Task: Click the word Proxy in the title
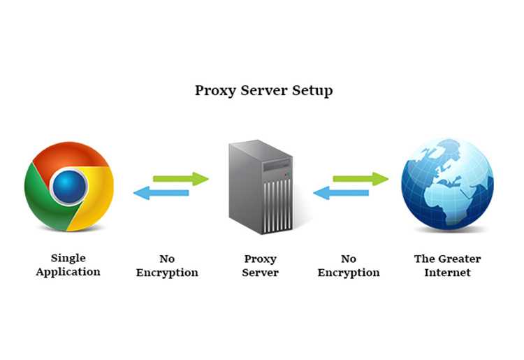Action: [216, 91]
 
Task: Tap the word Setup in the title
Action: [312, 90]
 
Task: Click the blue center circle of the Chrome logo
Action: [69, 187]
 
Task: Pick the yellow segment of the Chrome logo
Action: [97, 197]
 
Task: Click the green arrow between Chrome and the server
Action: [181, 179]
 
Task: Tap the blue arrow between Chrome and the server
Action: [161, 193]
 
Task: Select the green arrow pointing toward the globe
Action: [361, 179]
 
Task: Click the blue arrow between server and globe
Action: [341, 193]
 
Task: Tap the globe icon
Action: [447, 184]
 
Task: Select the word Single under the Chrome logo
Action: [68, 259]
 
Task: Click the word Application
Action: [68, 272]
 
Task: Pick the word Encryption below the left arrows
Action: [167, 273]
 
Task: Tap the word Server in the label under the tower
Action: [261, 273]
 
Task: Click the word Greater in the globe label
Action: [460, 259]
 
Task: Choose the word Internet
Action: [447, 273]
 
